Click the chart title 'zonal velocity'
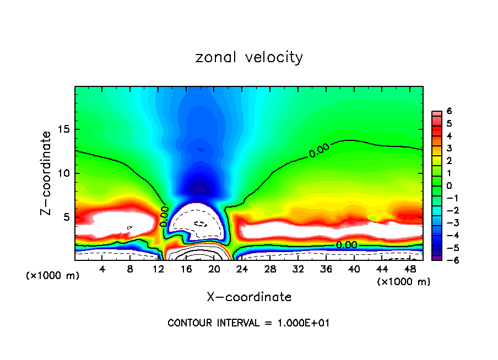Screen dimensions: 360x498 (x=249, y=57)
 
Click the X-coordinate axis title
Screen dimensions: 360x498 (x=249, y=297)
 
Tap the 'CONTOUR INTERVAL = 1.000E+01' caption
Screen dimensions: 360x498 (x=249, y=323)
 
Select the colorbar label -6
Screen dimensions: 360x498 (x=448, y=260)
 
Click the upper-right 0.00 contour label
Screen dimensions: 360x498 (x=319, y=150)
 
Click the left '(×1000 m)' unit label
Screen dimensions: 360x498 (x=53, y=275)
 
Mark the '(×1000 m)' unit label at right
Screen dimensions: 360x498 (x=404, y=282)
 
